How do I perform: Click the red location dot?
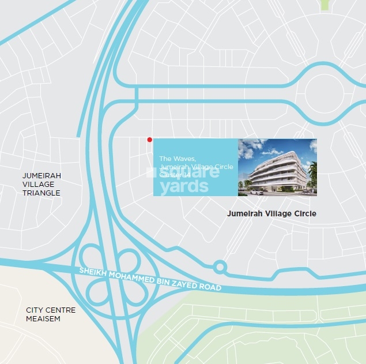(149, 140)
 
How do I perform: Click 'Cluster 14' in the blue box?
(174, 174)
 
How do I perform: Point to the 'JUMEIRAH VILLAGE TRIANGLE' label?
(41, 184)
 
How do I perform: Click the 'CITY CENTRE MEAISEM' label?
(51, 314)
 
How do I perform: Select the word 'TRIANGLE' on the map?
(41, 193)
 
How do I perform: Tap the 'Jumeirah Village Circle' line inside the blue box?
(196, 166)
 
